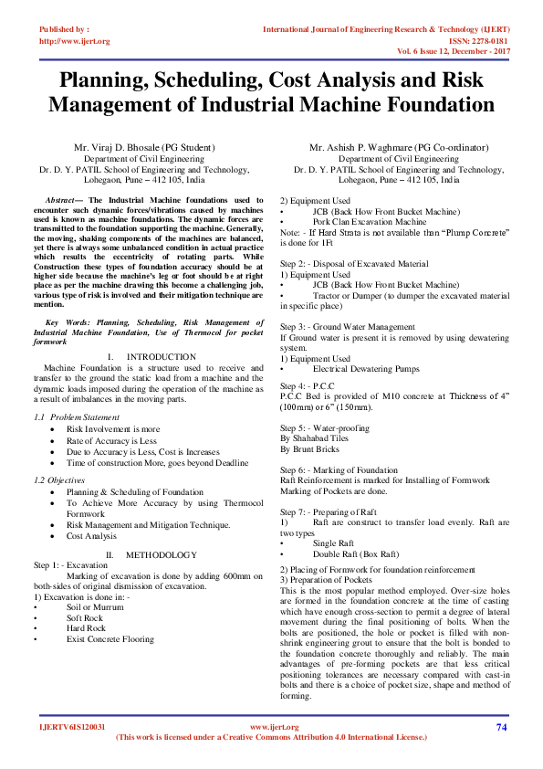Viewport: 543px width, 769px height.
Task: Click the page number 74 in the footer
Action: (x=501, y=727)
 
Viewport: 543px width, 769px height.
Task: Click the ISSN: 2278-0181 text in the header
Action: (x=476, y=41)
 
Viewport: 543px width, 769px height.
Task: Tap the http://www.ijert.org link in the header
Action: (x=75, y=41)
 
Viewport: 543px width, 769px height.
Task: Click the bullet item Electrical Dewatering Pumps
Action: (x=366, y=369)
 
